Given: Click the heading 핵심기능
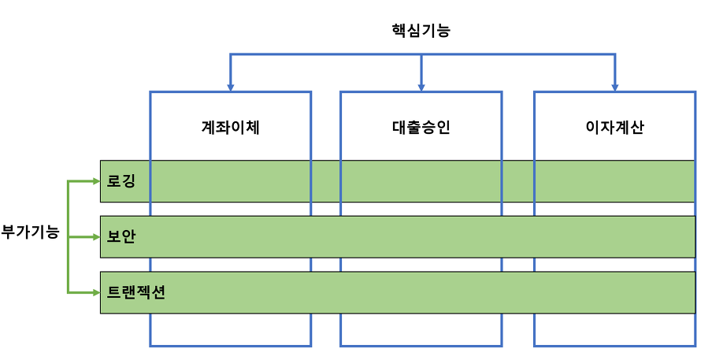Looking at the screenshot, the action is coord(421,31).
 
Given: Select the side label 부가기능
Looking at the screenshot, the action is coord(30,232).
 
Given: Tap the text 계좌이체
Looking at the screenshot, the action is coord(230,127).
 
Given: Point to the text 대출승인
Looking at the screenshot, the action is coord(421,127).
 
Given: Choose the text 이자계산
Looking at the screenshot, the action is coord(614,127).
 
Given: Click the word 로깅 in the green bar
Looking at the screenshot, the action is coord(121,181).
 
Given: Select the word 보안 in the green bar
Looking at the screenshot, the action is coord(121,236).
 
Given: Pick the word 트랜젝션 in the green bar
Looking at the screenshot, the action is coord(135,292).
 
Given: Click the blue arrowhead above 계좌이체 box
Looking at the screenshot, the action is coord(230,87).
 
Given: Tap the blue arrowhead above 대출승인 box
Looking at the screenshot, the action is coord(421,87).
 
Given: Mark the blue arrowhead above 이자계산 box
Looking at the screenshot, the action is coord(615,87).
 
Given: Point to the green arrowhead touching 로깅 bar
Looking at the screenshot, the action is coord(96,182).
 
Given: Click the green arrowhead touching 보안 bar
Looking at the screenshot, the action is coord(96,237).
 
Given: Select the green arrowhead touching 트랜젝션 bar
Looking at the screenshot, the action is coord(96,293).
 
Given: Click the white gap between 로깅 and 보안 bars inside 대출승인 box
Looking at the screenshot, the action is coord(421,209).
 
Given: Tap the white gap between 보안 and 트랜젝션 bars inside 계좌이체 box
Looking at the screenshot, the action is coord(230,265).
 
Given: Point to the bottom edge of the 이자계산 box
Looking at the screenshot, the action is coord(614,346).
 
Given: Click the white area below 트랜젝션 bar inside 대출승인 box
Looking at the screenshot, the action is coord(421,329).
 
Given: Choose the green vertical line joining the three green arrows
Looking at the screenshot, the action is coord(68,237).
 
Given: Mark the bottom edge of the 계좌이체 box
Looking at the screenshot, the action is coord(230,346).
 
